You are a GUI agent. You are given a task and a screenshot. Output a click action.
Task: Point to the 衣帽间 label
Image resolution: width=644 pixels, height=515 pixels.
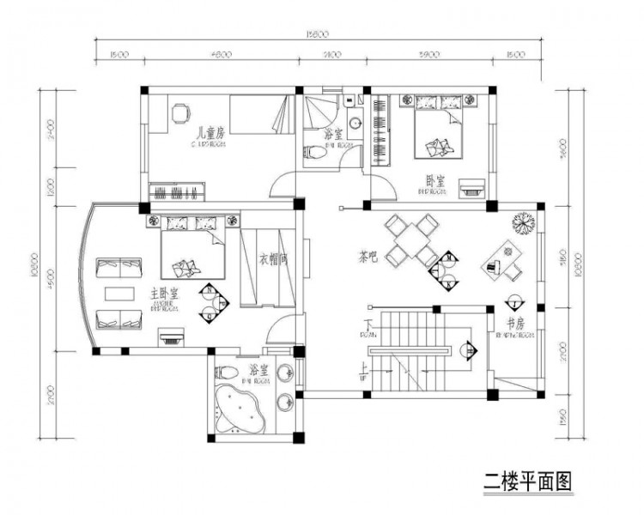pyautogui.click(x=272, y=258)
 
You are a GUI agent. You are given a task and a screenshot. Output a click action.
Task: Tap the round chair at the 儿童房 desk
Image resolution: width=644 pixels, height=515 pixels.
pyautogui.click(x=179, y=112)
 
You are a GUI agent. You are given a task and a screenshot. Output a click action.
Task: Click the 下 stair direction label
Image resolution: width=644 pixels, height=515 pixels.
pyautogui.click(x=368, y=324)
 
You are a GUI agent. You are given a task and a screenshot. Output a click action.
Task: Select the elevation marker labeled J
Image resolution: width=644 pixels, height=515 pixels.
pyautogui.click(x=513, y=302)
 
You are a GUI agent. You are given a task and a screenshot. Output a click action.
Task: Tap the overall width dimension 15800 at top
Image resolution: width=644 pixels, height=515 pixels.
pyautogui.click(x=319, y=33)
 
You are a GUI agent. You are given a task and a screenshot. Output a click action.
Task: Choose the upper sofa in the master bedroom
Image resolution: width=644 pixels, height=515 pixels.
pyautogui.click(x=120, y=267)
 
